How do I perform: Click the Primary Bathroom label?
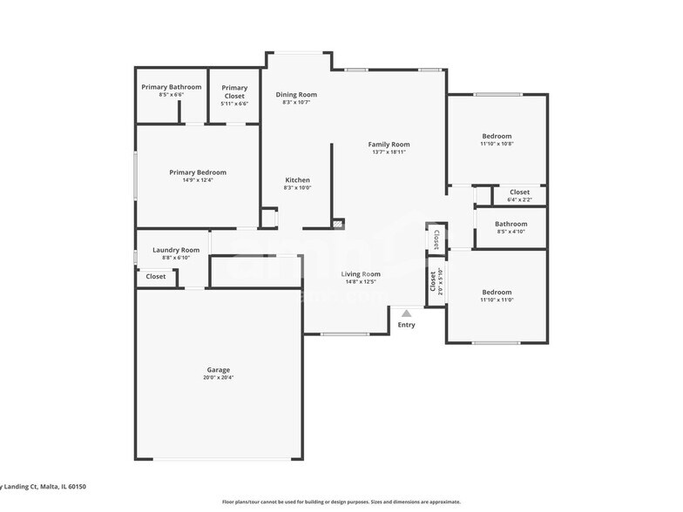pos(172,87)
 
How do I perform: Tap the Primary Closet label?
pos(233,88)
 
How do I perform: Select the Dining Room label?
pos(296,94)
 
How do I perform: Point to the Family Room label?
pos(389,145)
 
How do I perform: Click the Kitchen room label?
pos(297,180)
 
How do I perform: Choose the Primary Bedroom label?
pos(198,172)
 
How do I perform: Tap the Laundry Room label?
pos(176,250)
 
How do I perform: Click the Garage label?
pos(218,370)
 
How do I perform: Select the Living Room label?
pos(361,274)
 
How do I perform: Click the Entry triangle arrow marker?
pos(406,312)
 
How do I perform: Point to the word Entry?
pos(406,325)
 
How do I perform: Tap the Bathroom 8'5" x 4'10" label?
pos(511,224)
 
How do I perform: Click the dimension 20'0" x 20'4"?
pos(218,378)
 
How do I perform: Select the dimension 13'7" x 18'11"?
pos(389,152)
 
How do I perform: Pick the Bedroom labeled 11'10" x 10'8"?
pos(497,136)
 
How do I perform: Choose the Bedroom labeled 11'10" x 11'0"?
pos(497,293)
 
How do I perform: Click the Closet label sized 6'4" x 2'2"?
pos(519,192)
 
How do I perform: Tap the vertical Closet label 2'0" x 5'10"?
pos(433,282)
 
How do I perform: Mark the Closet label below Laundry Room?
pos(156,276)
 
